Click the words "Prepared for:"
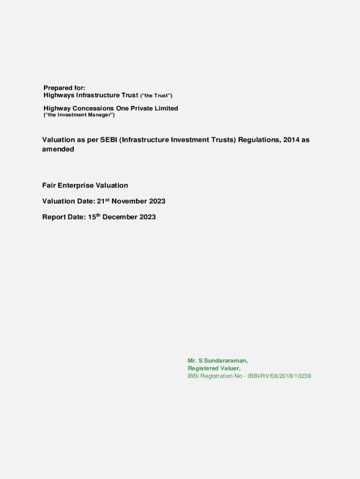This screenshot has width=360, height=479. coord(64,88)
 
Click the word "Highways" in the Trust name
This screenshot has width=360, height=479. coord(59,95)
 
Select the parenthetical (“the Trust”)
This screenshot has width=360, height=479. coord(157,96)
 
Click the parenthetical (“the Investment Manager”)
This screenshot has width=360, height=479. coord(79,115)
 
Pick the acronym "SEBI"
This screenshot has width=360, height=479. coord(109,140)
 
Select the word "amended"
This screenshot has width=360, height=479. coord(58,150)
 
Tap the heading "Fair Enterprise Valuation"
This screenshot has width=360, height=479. coord(85,186)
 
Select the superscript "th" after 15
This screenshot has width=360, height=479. coord(98,216)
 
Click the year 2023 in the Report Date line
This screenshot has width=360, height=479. coord(147,218)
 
